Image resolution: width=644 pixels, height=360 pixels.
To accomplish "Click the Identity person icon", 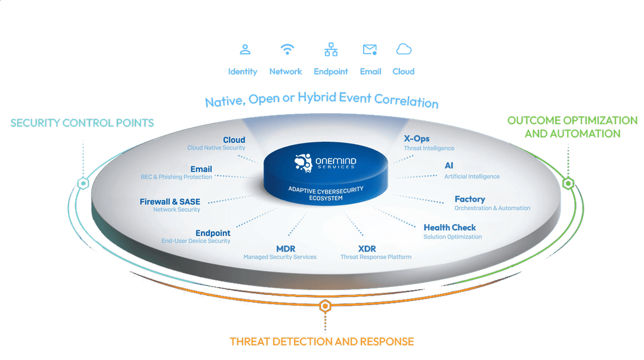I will (x=244, y=49).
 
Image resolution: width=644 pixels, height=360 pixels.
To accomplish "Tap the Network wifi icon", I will (x=287, y=49).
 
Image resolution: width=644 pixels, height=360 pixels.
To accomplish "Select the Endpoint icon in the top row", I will (x=331, y=49).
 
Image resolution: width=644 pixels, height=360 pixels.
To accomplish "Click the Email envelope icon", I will (x=370, y=49).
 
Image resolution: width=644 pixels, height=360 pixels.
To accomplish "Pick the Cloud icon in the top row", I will (x=404, y=49).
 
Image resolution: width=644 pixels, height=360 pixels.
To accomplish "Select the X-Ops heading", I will (x=416, y=139).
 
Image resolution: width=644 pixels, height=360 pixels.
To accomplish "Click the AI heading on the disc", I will (x=449, y=166).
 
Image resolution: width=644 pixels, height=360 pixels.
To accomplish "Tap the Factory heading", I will (x=470, y=199).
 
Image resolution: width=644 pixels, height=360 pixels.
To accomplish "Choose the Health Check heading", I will (x=450, y=228).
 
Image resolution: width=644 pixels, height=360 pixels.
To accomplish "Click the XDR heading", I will (x=367, y=248).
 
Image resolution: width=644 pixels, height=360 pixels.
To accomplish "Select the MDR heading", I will (x=286, y=248).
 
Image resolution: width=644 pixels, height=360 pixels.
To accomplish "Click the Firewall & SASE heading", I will (x=170, y=201).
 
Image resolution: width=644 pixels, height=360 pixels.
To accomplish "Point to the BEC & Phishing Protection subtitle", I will (x=176, y=177).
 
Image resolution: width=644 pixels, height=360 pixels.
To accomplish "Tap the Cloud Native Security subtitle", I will (x=216, y=148).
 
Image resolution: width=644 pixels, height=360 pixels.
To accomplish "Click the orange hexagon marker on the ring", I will (x=324, y=306).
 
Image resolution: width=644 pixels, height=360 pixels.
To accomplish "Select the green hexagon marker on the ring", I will (x=568, y=182).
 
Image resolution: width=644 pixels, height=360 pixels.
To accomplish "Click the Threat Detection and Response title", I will (x=321, y=342).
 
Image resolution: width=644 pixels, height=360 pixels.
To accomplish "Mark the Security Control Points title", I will (x=82, y=123).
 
